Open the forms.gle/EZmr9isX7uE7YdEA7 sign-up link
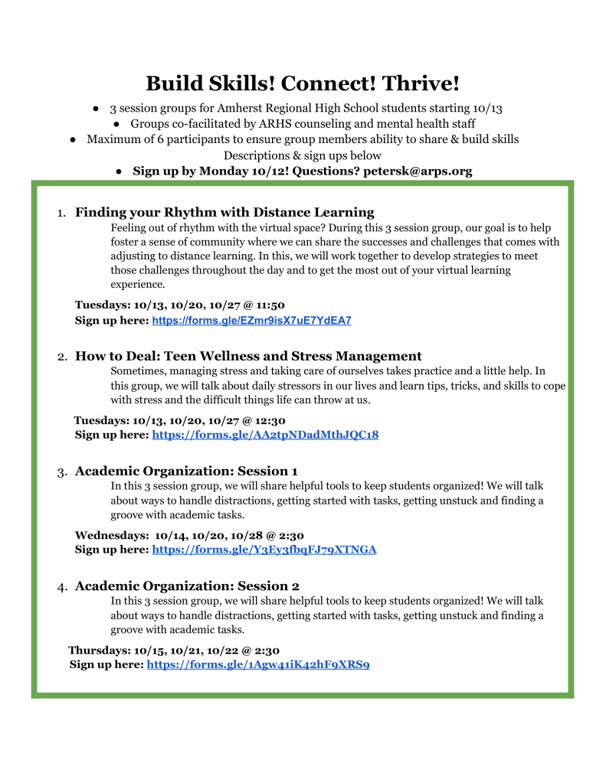[x=251, y=321]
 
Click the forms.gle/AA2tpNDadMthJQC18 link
[x=265, y=435]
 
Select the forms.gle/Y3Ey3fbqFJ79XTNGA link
[x=264, y=550]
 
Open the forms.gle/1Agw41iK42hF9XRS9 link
[x=258, y=664]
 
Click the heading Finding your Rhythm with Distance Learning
[x=224, y=212]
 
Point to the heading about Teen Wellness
[x=248, y=356]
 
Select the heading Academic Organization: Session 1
[x=186, y=470]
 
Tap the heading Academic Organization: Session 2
[x=187, y=586]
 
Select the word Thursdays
[x=100, y=651]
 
